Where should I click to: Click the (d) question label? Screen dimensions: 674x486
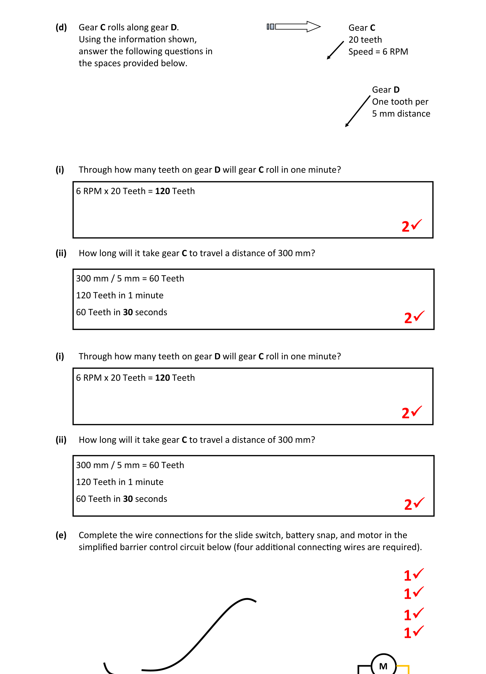[x=61, y=27]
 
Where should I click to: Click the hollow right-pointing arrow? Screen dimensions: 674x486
[x=298, y=27]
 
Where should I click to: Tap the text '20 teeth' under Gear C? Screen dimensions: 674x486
[x=365, y=40]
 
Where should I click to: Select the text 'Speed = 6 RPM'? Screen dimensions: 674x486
[x=378, y=51]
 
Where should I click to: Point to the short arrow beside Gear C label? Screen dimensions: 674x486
[x=335, y=50]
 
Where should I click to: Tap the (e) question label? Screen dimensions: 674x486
[x=61, y=535]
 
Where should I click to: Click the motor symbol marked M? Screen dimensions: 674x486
[x=383, y=666]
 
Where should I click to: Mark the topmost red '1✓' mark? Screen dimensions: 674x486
[x=413, y=575]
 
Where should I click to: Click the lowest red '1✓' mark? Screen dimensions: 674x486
[x=413, y=632]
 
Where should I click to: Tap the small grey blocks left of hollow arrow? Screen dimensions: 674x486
[x=270, y=27]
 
